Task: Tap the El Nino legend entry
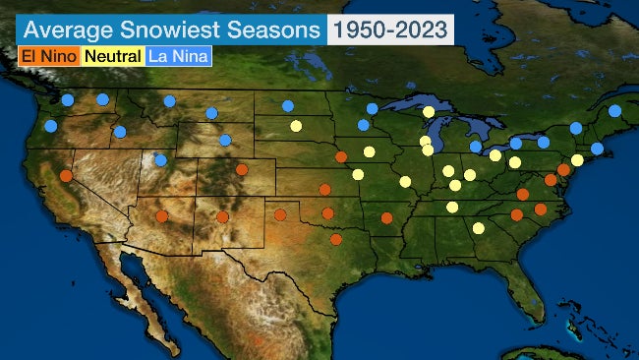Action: click(x=48, y=56)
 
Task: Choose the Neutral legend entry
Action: click(x=113, y=56)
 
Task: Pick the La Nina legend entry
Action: click(x=178, y=56)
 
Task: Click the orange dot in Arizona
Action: click(x=161, y=216)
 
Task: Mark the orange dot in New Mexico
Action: click(x=223, y=217)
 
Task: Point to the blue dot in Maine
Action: click(x=615, y=111)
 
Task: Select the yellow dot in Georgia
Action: click(x=478, y=228)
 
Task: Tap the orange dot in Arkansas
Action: click(x=387, y=218)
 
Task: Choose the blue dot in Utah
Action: click(x=161, y=160)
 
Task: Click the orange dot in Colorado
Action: click(x=242, y=169)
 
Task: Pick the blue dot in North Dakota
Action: click(x=287, y=106)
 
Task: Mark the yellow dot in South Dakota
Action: click(x=296, y=126)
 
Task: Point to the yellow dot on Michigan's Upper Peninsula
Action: click(x=429, y=111)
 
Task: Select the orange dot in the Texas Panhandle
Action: click(x=280, y=214)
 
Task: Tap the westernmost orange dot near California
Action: click(x=66, y=176)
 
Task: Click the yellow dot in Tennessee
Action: click(x=452, y=207)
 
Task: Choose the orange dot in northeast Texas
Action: click(x=336, y=239)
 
